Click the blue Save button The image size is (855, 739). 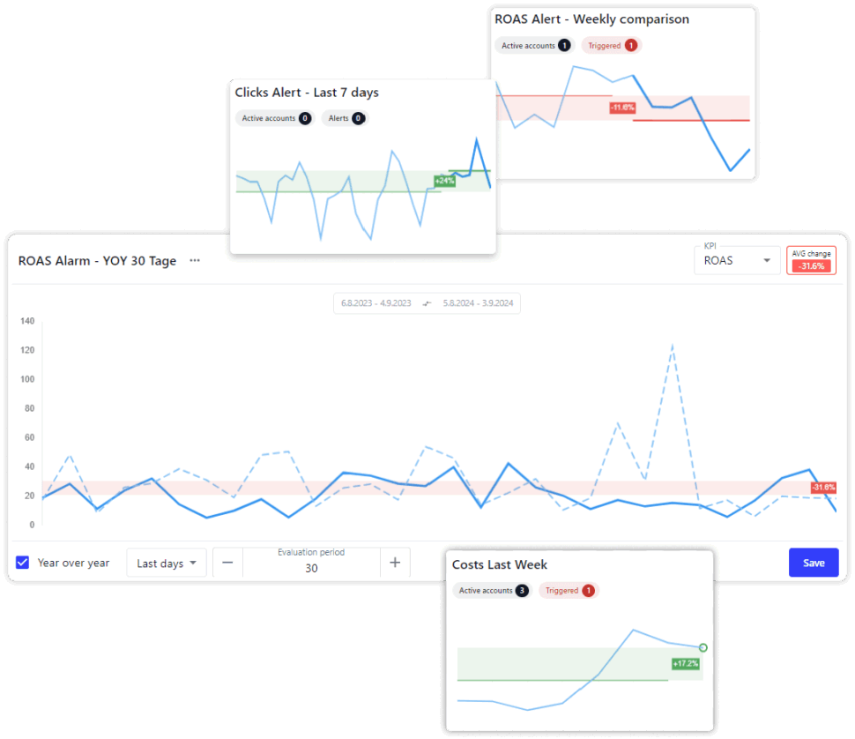point(813,563)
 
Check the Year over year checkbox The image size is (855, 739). point(23,563)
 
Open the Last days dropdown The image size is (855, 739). point(167,563)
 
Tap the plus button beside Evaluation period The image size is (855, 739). point(395,563)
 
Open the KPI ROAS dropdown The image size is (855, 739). point(737,260)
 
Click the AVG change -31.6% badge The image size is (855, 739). point(810,260)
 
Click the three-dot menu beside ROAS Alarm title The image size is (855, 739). point(195,260)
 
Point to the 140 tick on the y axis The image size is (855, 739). point(26,321)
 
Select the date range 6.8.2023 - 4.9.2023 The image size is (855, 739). point(376,303)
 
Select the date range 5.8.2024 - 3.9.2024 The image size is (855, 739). point(480,303)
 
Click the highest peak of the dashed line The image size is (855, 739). point(673,345)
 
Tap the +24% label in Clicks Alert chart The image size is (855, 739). point(444,181)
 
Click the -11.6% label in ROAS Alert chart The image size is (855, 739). point(621,108)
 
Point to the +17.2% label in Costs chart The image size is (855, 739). point(685,663)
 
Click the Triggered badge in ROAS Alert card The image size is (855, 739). point(611,45)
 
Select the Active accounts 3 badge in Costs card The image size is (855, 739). point(492,591)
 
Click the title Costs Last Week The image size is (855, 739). point(500,564)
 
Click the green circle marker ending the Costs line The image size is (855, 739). point(703,648)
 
